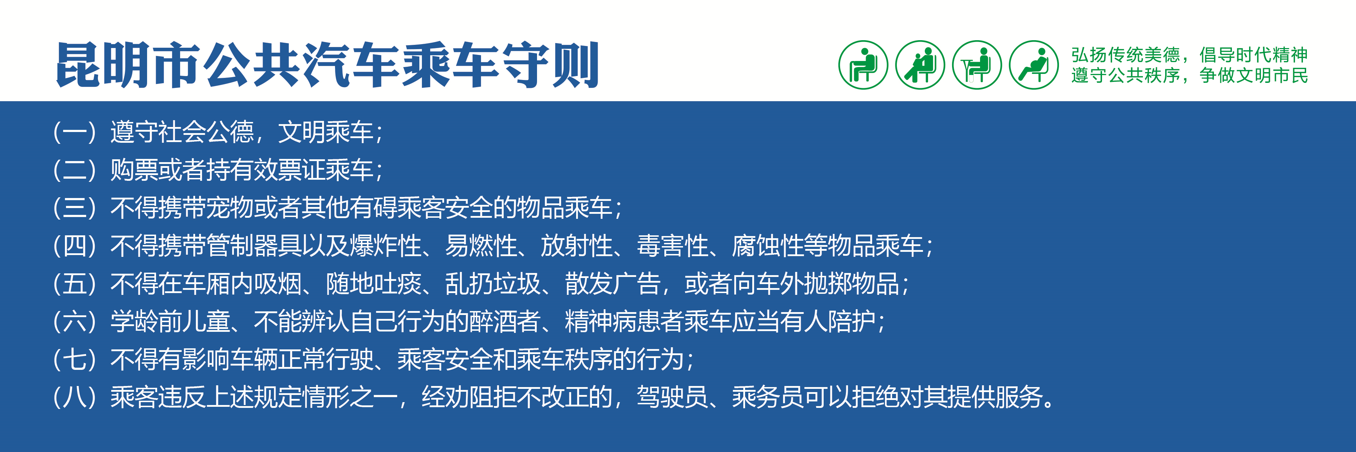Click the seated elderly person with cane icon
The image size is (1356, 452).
[863, 65]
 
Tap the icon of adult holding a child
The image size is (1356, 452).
[920, 65]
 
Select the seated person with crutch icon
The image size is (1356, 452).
[977, 65]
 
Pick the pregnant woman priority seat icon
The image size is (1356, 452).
[1034, 65]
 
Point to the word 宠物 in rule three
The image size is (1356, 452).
[230, 208]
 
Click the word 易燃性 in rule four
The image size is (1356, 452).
[481, 246]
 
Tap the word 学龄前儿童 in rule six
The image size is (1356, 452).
[170, 321]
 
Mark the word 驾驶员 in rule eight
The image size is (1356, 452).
[672, 397]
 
